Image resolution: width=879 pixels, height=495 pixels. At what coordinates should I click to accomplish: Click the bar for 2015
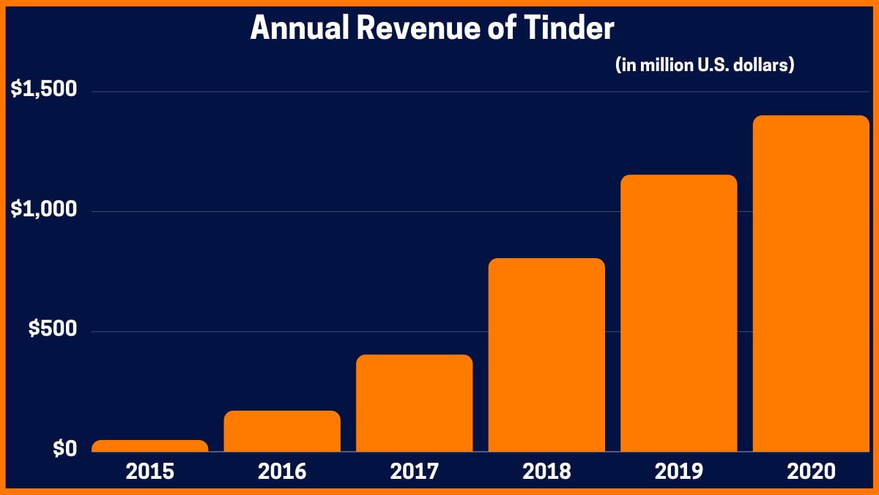click(150, 446)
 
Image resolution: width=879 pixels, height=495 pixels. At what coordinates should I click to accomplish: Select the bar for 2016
click(282, 431)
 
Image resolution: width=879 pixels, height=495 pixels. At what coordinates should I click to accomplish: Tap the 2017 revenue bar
click(415, 403)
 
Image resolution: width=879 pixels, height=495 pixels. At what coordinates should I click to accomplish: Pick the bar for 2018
click(546, 355)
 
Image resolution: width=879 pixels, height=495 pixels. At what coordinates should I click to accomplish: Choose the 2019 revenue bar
click(678, 313)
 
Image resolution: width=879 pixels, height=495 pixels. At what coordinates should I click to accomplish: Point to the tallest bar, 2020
click(811, 283)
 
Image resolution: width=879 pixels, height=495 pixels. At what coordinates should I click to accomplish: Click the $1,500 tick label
click(43, 89)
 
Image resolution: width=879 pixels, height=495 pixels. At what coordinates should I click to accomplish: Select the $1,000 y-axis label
click(43, 210)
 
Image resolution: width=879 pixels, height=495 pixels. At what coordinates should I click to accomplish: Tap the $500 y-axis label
click(53, 329)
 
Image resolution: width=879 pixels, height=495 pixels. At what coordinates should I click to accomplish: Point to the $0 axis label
click(64, 449)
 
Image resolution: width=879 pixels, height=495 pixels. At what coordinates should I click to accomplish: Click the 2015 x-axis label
click(150, 472)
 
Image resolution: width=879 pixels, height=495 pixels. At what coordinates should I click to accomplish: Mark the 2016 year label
click(282, 472)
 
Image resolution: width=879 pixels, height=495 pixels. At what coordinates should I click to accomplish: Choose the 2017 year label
click(415, 472)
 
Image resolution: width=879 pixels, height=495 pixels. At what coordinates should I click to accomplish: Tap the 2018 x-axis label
click(546, 472)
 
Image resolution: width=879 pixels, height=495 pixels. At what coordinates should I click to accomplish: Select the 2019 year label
click(678, 472)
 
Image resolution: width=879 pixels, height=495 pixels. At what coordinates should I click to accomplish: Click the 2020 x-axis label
click(811, 472)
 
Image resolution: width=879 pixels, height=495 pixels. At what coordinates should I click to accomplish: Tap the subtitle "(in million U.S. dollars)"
click(705, 65)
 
